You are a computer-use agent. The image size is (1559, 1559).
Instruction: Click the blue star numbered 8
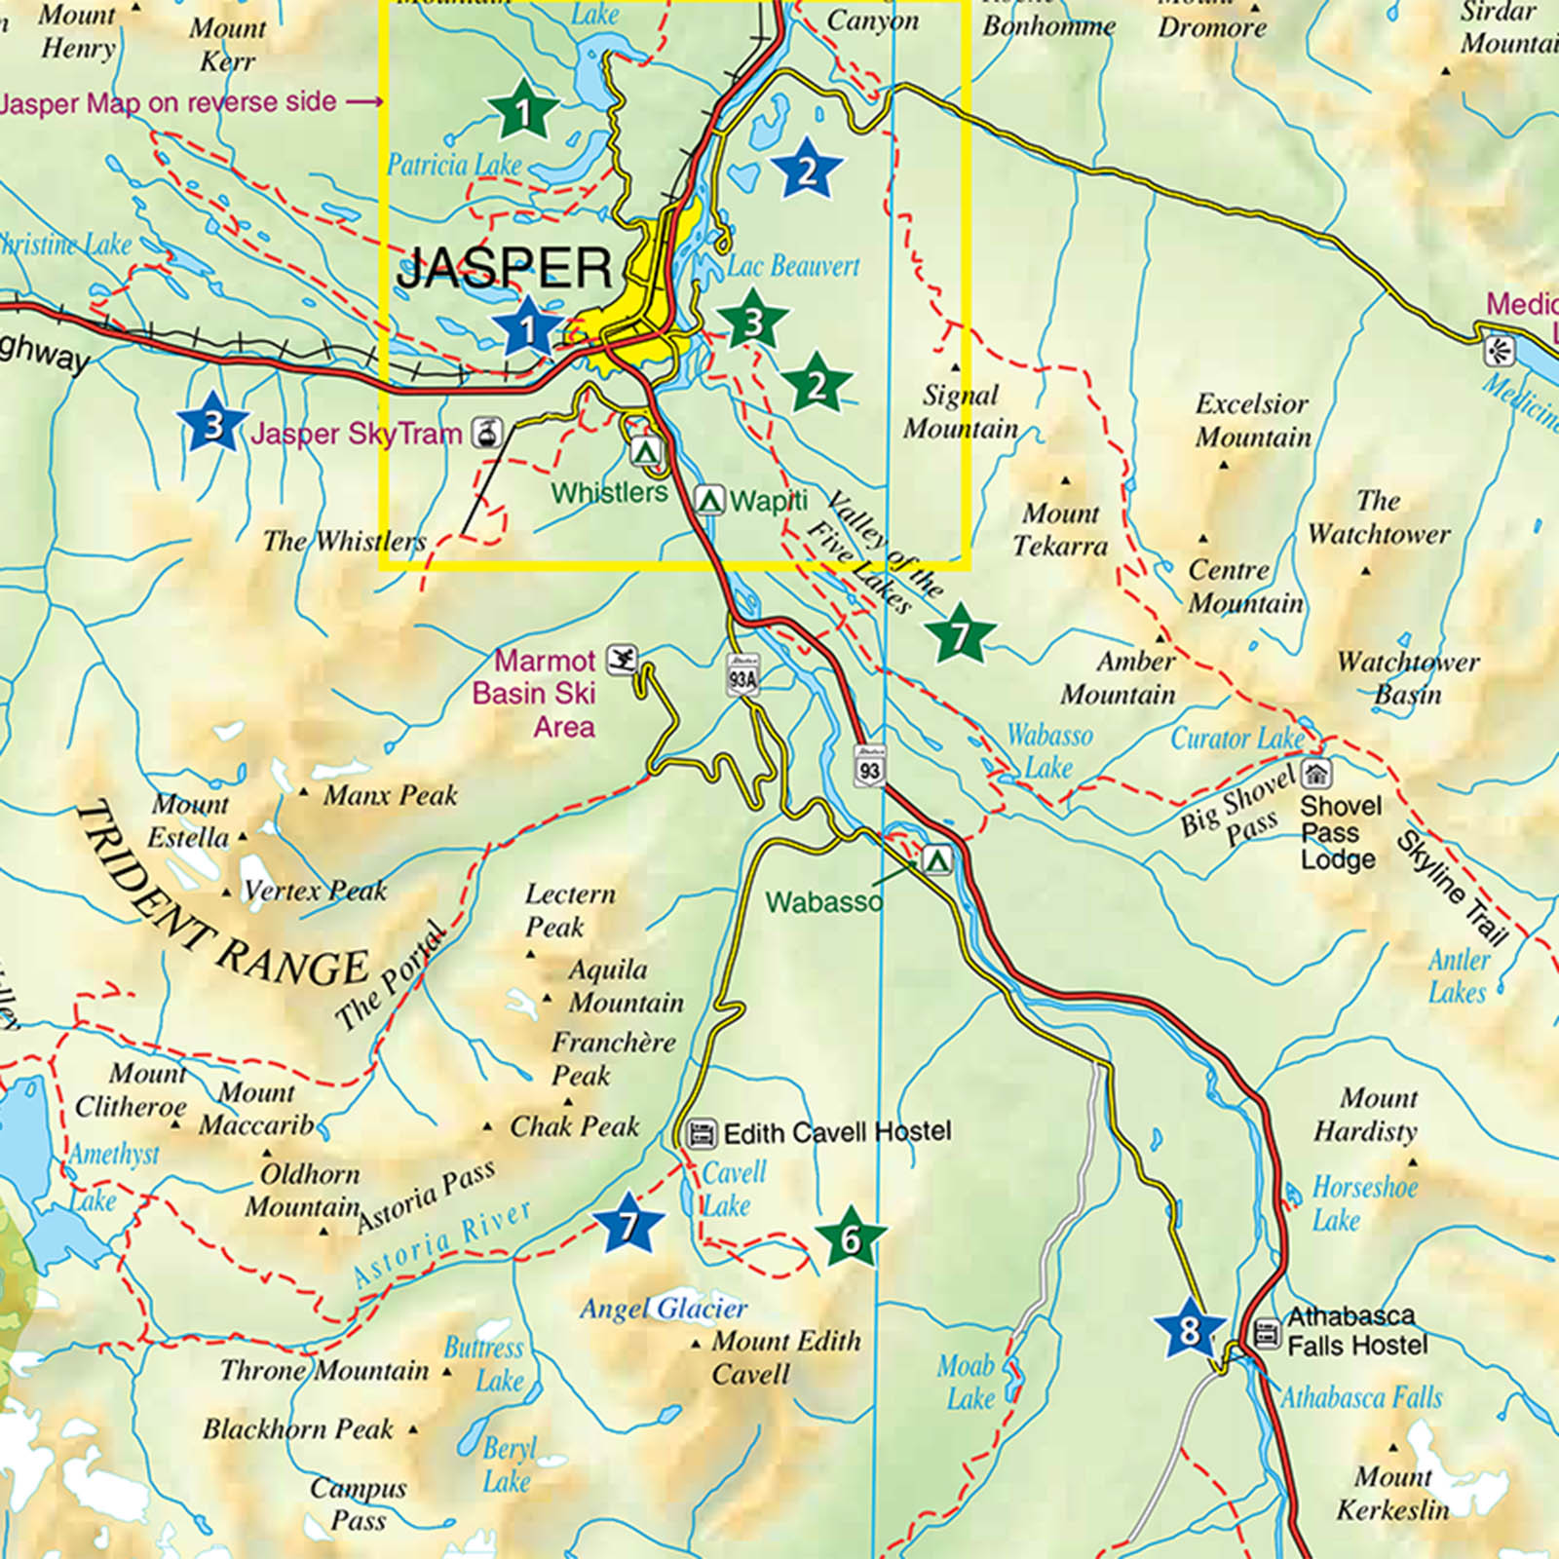(1189, 1329)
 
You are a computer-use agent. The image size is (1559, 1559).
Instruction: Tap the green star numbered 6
(851, 1238)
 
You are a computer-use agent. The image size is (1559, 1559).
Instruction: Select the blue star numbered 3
(212, 423)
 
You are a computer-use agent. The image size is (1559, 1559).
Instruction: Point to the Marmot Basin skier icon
(621, 660)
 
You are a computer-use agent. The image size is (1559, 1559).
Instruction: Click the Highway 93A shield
(742, 674)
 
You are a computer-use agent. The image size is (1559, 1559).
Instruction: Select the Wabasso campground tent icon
(936, 859)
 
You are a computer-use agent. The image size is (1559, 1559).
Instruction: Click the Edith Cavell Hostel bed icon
(701, 1133)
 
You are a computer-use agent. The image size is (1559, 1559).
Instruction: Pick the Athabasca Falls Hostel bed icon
(1266, 1332)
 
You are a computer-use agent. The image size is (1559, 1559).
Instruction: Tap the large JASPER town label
(504, 267)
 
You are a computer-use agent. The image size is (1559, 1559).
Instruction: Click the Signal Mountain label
(960, 411)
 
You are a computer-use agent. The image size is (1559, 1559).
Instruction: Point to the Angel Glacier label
(663, 1308)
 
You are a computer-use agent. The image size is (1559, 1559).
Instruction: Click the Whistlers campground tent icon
(645, 451)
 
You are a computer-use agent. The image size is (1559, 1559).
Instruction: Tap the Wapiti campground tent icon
(709, 500)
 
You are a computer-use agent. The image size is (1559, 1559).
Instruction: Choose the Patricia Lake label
(454, 165)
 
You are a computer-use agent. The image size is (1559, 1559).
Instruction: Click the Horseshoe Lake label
(1363, 1203)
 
